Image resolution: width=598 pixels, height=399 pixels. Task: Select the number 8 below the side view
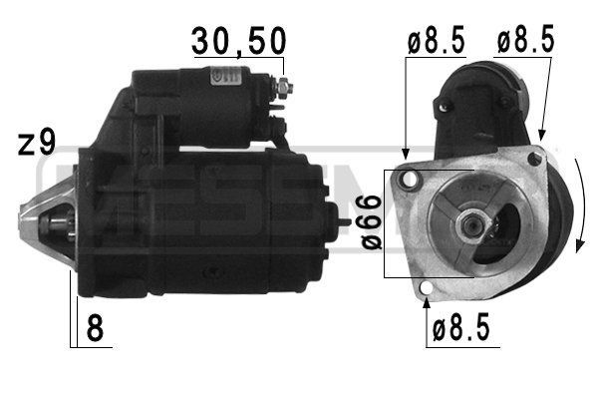[x=97, y=328]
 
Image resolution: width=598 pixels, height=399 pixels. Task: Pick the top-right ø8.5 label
[x=525, y=43]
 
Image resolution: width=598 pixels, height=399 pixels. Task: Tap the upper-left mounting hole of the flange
[x=407, y=181]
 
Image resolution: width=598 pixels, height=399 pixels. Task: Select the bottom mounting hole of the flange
[x=427, y=290]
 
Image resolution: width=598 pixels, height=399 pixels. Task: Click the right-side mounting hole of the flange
[x=535, y=159]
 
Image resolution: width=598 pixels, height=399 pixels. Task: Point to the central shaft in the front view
[x=465, y=223]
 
